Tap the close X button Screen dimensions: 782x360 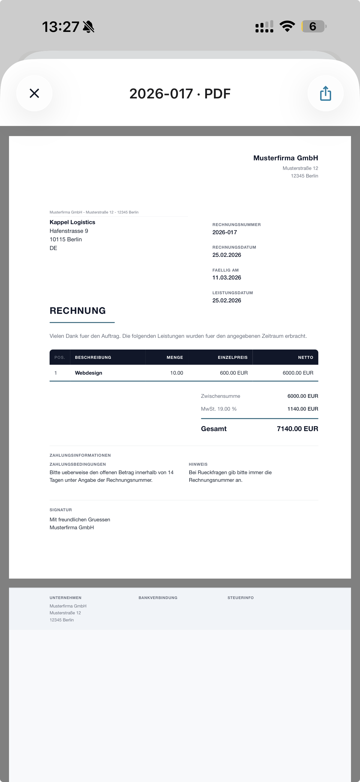click(34, 93)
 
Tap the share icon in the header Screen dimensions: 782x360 click(325, 93)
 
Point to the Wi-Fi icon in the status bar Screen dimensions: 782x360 click(287, 26)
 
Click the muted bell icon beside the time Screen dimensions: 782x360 click(89, 27)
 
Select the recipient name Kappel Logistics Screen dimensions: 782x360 click(72, 222)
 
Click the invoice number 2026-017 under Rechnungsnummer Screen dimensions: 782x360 click(225, 232)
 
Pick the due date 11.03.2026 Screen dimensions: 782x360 click(227, 278)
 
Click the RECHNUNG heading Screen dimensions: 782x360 click(78, 311)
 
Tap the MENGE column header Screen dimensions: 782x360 click(175, 357)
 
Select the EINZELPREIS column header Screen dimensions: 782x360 click(233, 357)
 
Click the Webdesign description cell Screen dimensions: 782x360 click(88, 373)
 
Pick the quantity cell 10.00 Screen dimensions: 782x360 click(176, 373)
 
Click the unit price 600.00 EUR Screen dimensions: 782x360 click(234, 373)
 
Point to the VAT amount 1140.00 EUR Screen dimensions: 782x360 click(303, 409)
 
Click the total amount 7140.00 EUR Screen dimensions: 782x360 click(297, 429)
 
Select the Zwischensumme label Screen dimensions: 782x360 click(220, 396)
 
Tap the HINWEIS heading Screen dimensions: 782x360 click(198, 464)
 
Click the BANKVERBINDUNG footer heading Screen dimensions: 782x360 click(158, 598)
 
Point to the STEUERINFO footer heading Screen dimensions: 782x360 click(240, 598)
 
